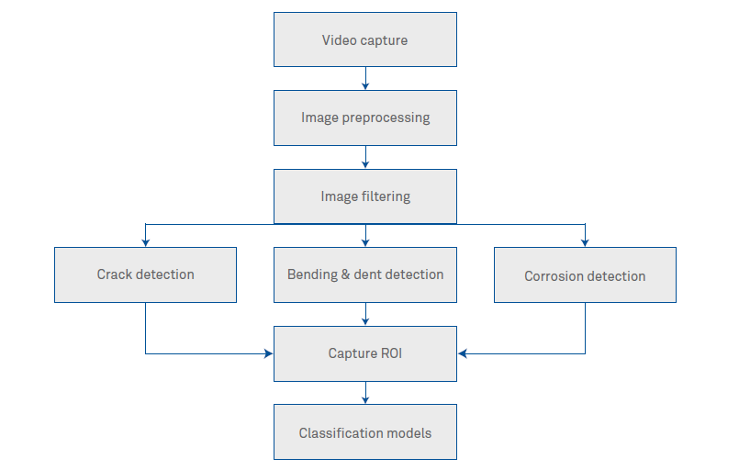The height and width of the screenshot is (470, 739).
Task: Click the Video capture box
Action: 365,39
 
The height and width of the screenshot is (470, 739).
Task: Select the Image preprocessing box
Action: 365,117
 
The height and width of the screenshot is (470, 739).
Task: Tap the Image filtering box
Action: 365,196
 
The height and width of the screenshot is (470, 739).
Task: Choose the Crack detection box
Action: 145,274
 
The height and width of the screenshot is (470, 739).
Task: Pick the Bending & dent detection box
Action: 365,274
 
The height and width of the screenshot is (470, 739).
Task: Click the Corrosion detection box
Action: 585,275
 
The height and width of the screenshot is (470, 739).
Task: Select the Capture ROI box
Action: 365,353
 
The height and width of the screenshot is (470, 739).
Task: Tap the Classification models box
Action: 365,432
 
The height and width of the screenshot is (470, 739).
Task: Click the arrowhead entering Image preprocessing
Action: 365,85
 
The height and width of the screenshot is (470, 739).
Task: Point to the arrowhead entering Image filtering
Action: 365,164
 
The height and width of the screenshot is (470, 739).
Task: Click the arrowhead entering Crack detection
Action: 145,242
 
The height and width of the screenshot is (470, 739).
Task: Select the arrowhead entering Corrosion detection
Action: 585,242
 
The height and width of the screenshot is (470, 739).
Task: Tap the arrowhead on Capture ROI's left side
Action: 270,353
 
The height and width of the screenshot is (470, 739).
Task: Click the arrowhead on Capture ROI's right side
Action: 461,353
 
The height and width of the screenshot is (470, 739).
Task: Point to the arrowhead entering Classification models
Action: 365,400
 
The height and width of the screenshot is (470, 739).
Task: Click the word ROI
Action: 390,353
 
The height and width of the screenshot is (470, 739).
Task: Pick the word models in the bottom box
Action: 409,432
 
